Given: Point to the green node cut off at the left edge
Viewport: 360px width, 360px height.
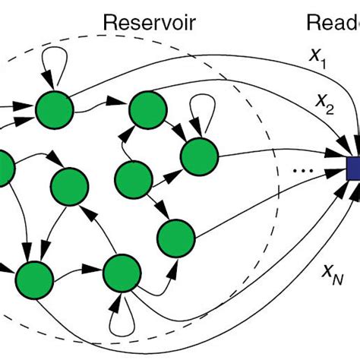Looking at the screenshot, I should [4, 168].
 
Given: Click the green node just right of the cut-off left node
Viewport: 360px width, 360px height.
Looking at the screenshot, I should [68, 185].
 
